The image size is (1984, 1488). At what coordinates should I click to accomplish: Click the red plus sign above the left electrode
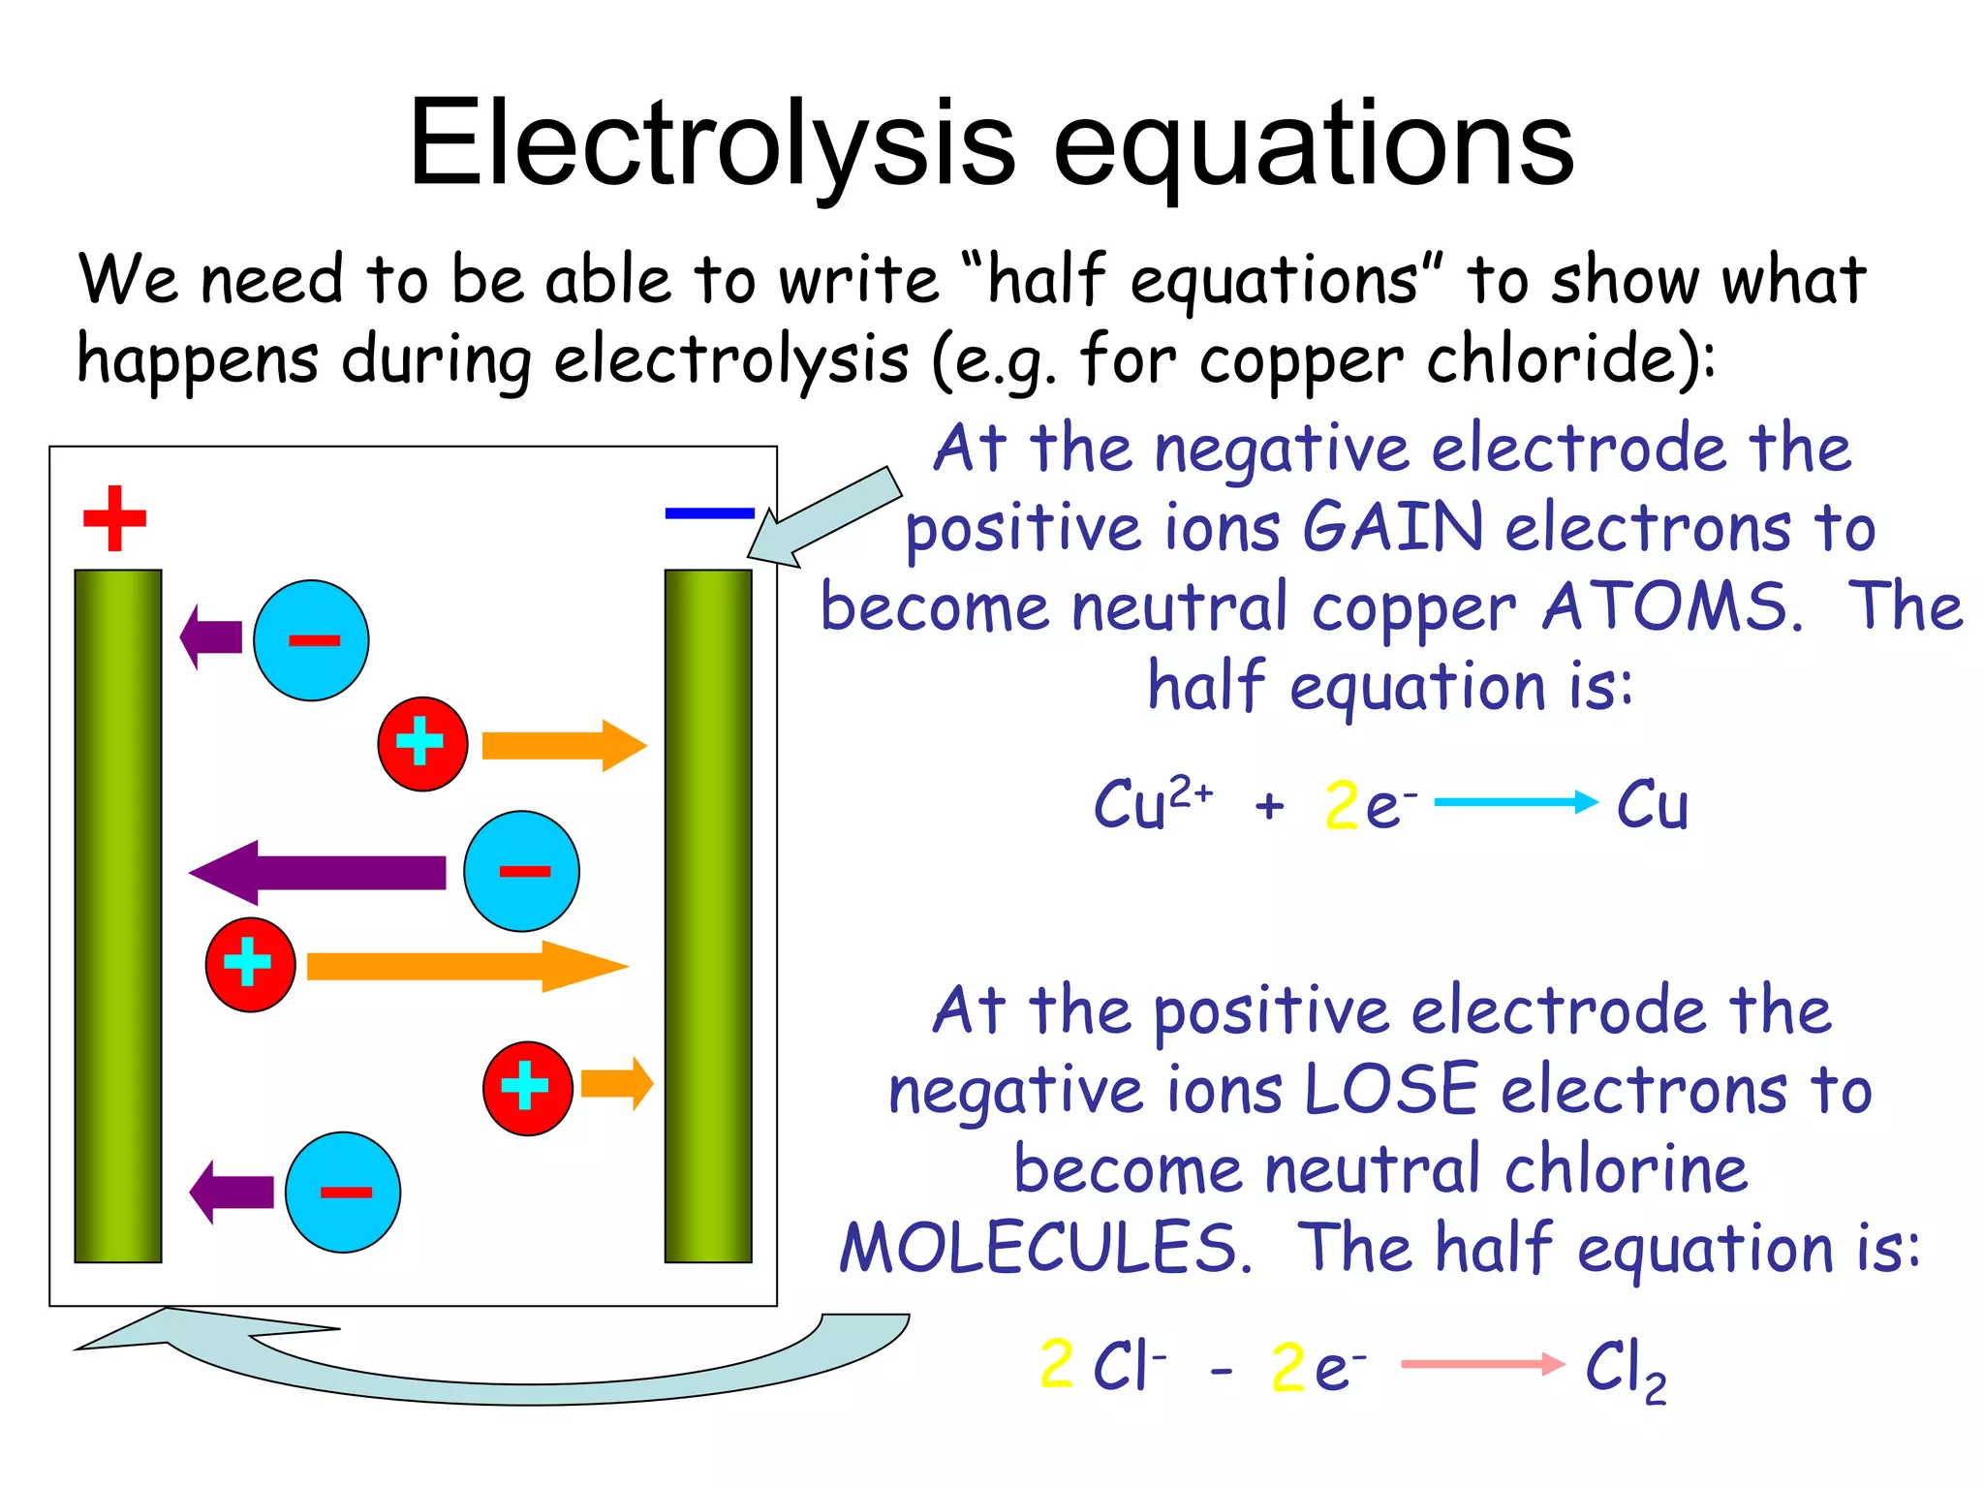(x=114, y=518)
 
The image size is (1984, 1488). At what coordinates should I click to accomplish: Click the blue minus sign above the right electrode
(x=709, y=513)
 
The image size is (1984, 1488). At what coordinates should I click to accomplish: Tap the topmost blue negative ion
(x=311, y=640)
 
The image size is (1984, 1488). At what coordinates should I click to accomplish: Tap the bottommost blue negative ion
(x=343, y=1192)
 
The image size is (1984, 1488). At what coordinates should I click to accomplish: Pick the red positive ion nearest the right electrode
(x=528, y=1088)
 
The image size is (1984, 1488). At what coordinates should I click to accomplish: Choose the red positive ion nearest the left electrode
(x=250, y=965)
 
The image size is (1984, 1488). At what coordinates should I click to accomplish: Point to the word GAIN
(x=1393, y=528)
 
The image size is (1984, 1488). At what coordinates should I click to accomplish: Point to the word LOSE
(x=1391, y=1090)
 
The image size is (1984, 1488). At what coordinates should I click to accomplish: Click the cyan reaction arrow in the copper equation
(x=1515, y=802)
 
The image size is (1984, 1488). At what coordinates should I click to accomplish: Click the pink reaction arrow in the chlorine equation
(x=1482, y=1364)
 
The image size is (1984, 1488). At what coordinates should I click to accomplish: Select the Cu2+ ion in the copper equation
(x=1151, y=804)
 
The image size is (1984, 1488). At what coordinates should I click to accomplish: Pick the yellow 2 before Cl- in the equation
(x=1056, y=1364)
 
